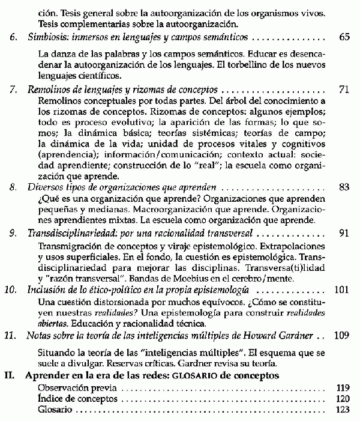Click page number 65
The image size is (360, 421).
(344, 37)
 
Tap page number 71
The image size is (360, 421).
(344, 89)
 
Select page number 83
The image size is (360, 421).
(344, 187)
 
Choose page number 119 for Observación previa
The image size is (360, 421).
(341, 388)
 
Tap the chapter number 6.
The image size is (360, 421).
(13, 37)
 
